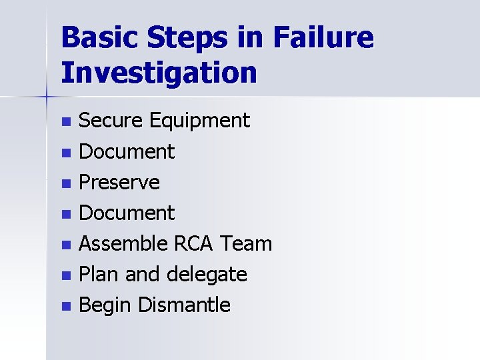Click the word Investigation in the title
[159, 72]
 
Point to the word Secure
[111, 121]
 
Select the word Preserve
[119, 183]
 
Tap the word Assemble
[123, 244]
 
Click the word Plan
[99, 275]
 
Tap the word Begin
[105, 306]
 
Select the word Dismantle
[184, 305]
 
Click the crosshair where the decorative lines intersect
[46, 97]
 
